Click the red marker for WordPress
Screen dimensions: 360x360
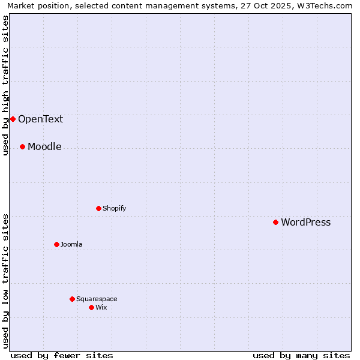[275, 222]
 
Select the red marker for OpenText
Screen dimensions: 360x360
[13, 119]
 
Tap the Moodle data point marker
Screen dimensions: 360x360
[22, 146]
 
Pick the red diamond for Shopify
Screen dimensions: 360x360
[98, 208]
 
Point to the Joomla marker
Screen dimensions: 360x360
[56, 244]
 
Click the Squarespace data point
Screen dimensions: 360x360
[72, 299]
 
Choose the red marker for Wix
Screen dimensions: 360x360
[91, 307]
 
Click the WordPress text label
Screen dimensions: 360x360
[305, 222]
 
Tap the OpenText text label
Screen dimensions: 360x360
[40, 119]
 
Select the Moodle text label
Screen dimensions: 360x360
[44, 146]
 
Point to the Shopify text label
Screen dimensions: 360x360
[114, 208]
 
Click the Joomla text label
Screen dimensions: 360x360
[71, 244]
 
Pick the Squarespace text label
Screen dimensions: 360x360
[97, 299]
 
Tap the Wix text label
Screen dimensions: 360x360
[101, 307]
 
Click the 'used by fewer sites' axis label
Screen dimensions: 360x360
[62, 355]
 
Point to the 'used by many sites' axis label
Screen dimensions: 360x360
[301, 355]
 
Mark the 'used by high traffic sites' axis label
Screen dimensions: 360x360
[6, 85]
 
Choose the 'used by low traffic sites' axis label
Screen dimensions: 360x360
[6, 281]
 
